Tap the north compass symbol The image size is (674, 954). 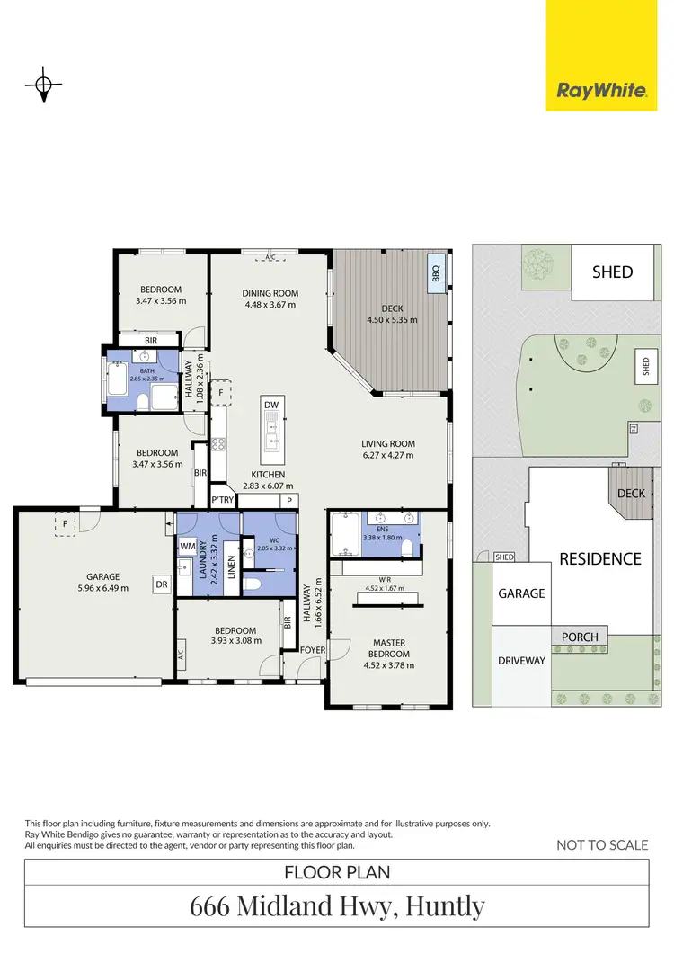click(x=42, y=86)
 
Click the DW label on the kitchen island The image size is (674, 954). click(x=271, y=406)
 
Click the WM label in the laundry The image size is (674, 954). click(x=188, y=546)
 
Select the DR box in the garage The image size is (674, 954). click(x=162, y=584)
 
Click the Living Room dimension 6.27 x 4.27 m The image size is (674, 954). click(x=387, y=455)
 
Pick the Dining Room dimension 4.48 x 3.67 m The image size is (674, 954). click(x=270, y=304)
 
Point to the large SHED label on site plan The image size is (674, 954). click(x=611, y=272)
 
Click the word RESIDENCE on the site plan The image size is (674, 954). click(x=600, y=558)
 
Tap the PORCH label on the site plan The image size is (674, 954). click(x=580, y=637)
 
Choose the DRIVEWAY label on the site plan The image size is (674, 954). click(x=521, y=661)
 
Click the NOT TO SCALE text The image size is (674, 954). click(x=602, y=844)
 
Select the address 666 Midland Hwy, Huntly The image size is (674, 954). click(x=337, y=906)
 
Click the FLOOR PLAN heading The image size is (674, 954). click(x=337, y=871)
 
